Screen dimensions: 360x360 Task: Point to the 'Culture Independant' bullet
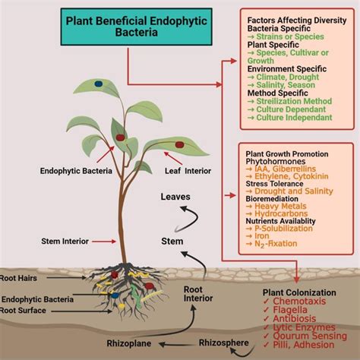coord(296,118)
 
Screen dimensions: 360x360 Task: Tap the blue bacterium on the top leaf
coord(98,84)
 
